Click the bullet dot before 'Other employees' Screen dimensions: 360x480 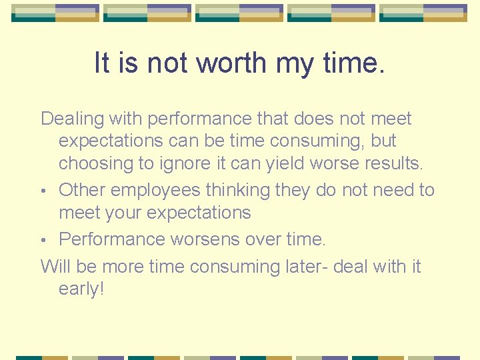(44, 191)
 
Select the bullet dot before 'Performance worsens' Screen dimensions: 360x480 (44, 240)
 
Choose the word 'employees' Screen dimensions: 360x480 (155, 191)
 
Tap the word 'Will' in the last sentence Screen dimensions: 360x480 (56, 267)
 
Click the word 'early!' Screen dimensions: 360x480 (81, 290)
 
